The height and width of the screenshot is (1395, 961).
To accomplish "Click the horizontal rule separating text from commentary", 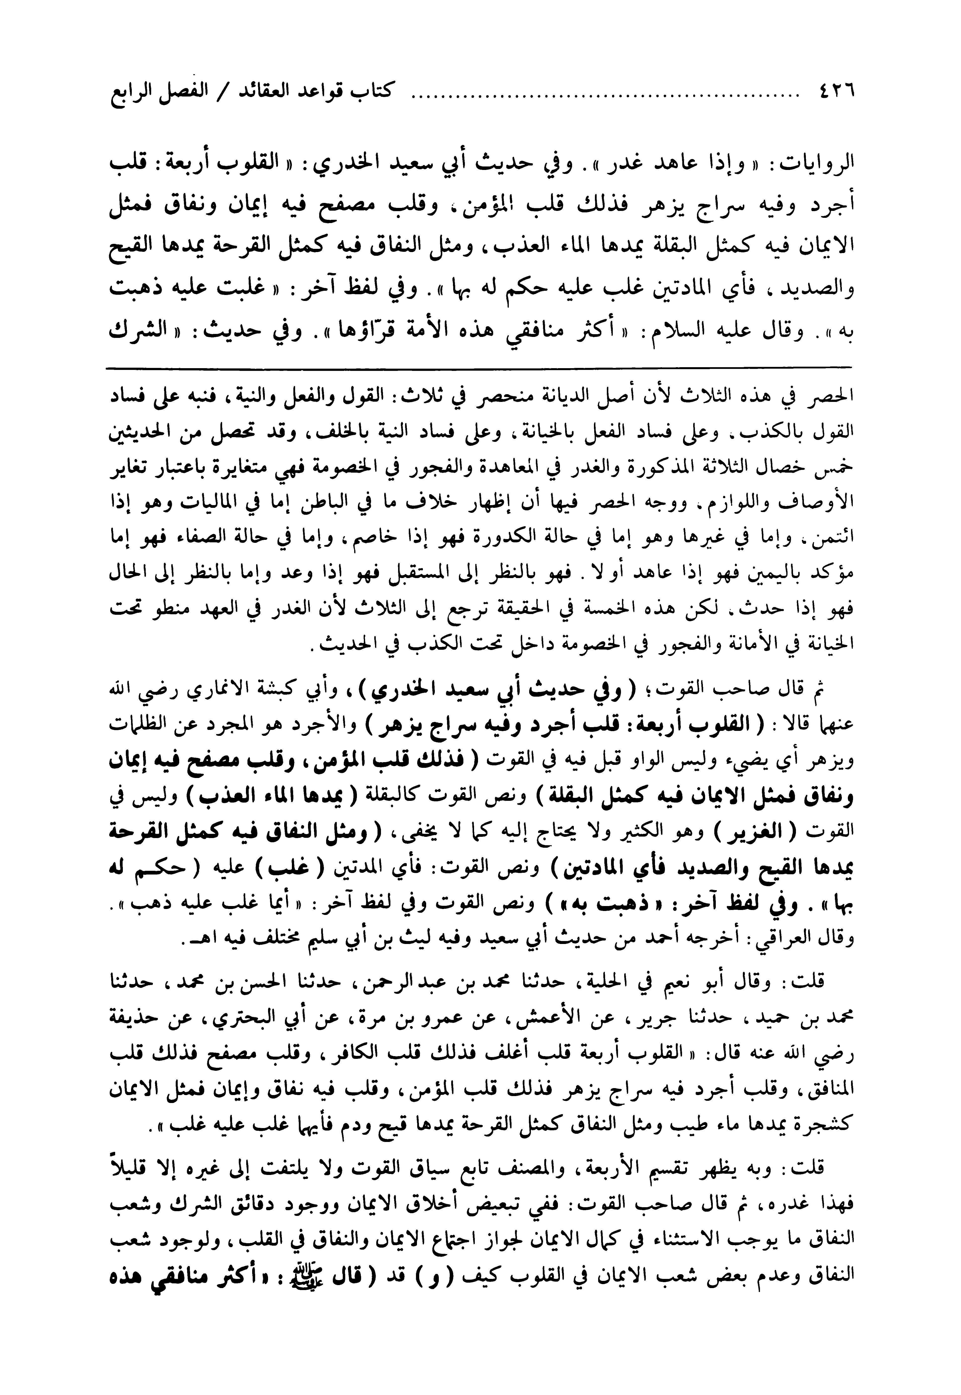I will click(x=479, y=366).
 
